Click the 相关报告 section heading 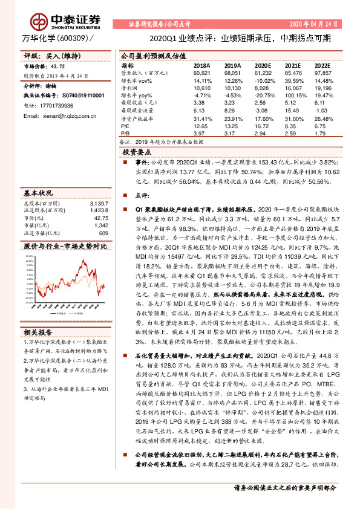coord(38,332)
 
